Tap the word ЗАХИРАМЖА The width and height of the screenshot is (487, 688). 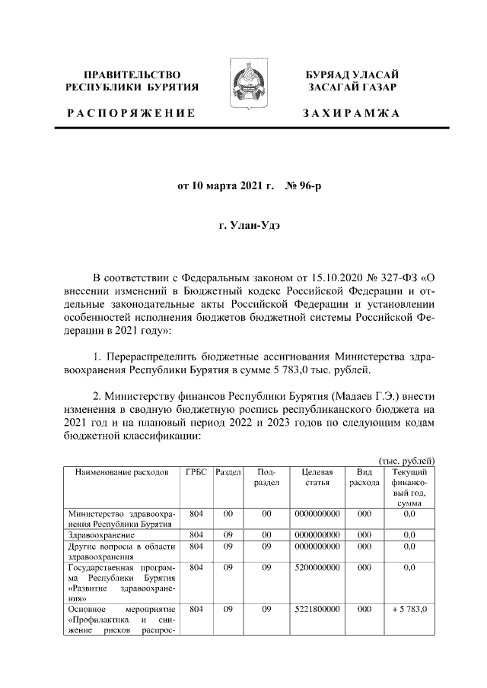click(352, 113)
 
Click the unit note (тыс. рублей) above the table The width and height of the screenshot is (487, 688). click(406, 460)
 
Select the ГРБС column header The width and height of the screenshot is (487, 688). click(196, 472)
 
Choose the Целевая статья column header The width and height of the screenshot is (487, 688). click(315, 477)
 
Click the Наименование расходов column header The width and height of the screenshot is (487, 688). click(121, 472)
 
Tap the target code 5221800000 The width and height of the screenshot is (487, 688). click(315, 610)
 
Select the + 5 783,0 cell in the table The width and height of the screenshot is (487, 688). click(409, 610)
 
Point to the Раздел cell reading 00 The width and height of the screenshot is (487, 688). click(227, 514)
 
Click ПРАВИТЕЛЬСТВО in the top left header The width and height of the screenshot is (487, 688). click(132, 75)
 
